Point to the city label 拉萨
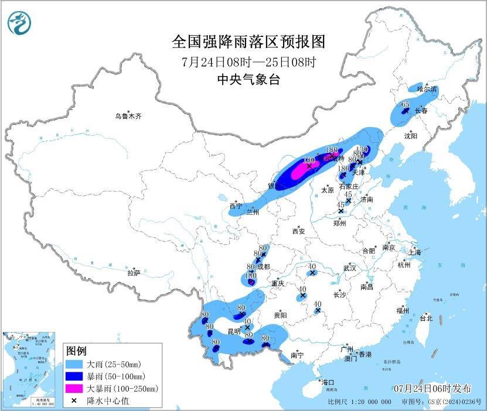tap(134, 273)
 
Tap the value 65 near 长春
tap(406, 104)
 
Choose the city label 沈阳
tap(410, 136)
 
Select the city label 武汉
tap(350, 268)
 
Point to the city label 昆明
tap(234, 331)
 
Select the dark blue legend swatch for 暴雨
tap(75, 376)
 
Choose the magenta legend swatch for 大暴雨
tap(75, 388)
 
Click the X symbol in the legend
tap(75, 400)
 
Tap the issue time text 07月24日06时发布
tap(432, 388)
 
